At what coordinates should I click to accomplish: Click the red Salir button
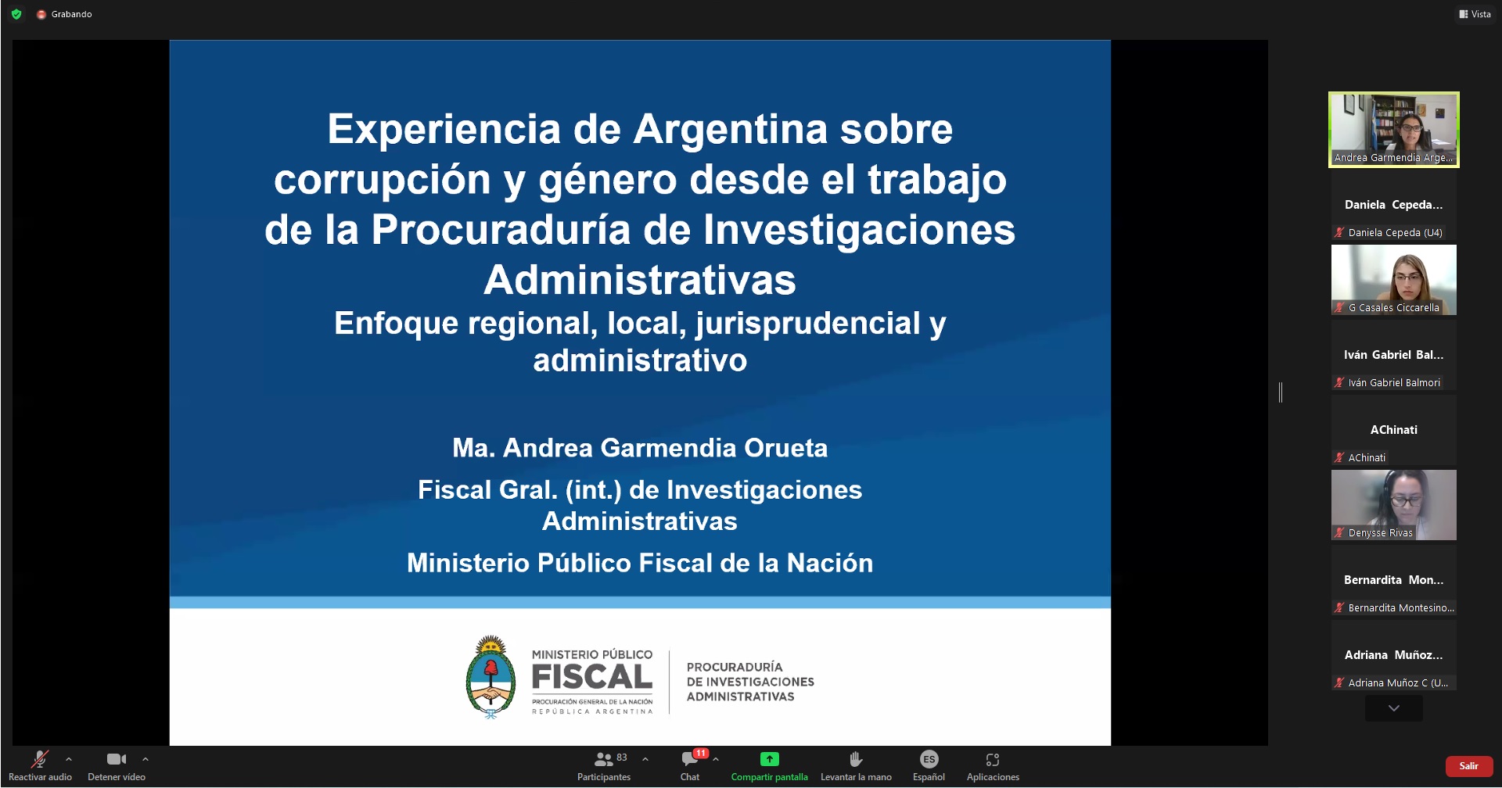[x=1468, y=766]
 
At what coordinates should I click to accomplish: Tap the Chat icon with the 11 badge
[x=690, y=759]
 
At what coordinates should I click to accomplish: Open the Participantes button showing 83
[x=603, y=759]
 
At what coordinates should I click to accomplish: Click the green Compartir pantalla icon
[x=770, y=759]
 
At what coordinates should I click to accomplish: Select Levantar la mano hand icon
[x=856, y=759]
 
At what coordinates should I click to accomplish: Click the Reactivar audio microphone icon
[x=40, y=759]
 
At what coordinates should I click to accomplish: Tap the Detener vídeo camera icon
[x=117, y=759]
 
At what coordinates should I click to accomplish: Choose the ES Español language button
[x=929, y=759]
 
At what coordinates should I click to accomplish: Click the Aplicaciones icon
[x=993, y=759]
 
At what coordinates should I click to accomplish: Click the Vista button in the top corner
[x=1475, y=14]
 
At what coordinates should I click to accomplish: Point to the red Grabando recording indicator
[x=41, y=14]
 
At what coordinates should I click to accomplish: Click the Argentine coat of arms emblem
[x=490, y=677]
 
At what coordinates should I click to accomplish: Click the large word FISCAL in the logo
[x=592, y=678]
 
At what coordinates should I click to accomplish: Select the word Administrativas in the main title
[x=640, y=280]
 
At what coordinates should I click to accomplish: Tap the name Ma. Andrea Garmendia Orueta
[x=640, y=448]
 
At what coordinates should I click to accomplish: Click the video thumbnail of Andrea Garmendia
[x=1394, y=129]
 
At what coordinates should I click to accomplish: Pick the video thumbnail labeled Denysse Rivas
[x=1394, y=505]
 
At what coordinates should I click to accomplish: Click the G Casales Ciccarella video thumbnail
[x=1394, y=280]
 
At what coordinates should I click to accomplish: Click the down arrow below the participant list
[x=1394, y=708]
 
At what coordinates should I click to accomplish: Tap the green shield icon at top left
[x=16, y=14]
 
